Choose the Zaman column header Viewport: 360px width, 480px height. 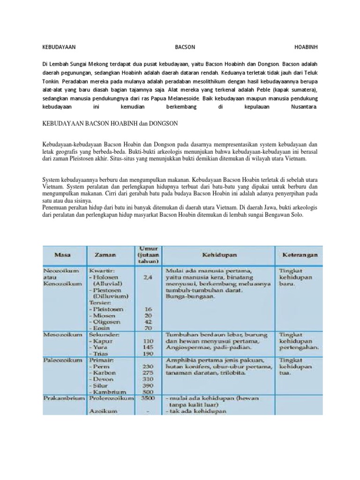[x=105, y=255]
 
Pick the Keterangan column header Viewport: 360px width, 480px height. [x=299, y=255]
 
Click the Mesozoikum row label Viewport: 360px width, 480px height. [x=63, y=335]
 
